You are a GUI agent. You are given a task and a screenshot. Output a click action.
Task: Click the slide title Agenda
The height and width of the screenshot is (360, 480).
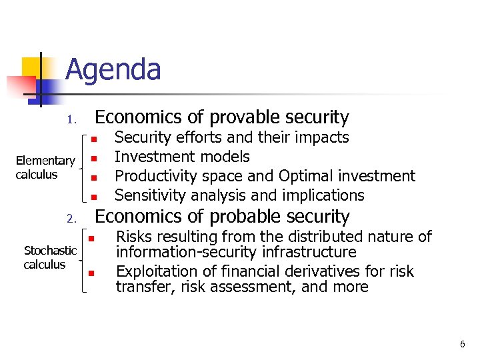pyautogui.click(x=113, y=70)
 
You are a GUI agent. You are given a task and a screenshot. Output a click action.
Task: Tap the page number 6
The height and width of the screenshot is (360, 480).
pyautogui.click(x=462, y=344)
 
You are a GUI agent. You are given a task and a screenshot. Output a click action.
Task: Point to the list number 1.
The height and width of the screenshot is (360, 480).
pyautogui.click(x=73, y=120)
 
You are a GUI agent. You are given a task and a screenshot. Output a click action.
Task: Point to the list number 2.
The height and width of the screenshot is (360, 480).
pyautogui.click(x=72, y=219)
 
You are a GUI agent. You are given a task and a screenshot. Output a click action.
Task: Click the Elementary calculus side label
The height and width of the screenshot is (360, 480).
pyautogui.click(x=45, y=167)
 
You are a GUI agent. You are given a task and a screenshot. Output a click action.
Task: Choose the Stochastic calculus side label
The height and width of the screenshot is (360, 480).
pyautogui.click(x=50, y=257)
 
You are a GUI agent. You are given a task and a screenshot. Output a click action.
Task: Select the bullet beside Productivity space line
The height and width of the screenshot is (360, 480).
pyautogui.click(x=95, y=178)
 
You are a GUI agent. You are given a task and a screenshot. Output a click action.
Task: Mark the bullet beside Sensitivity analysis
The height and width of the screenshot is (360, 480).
pyautogui.click(x=95, y=197)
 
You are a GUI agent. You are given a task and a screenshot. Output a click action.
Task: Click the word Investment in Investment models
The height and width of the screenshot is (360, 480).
pyautogui.click(x=149, y=157)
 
